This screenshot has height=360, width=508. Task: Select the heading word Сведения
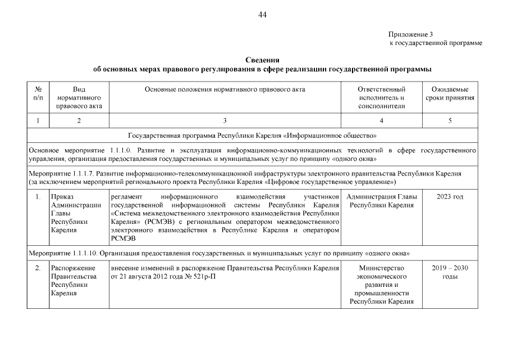pyautogui.click(x=262, y=60)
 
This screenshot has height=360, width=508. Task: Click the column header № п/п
pyautogui.click(x=38, y=93)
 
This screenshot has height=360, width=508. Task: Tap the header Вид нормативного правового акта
pyautogui.click(x=79, y=97)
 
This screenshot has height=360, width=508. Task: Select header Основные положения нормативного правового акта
pyautogui.click(x=225, y=89)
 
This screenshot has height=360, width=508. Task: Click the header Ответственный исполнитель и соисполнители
pyautogui.click(x=381, y=97)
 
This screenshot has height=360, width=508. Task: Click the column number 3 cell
pyautogui.click(x=225, y=121)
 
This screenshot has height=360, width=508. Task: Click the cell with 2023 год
pyautogui.click(x=450, y=197)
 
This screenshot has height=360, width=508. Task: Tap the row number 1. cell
pyautogui.click(x=38, y=197)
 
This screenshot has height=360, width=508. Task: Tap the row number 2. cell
pyautogui.click(x=38, y=268)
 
